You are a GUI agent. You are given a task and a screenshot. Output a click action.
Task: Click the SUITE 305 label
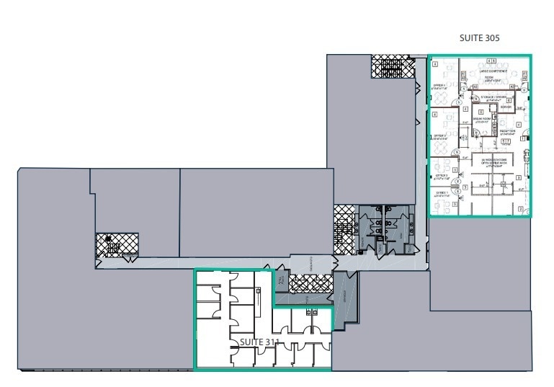click(479, 37)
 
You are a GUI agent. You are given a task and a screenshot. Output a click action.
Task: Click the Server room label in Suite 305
click(505, 107)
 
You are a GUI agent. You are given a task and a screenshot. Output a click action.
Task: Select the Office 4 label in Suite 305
click(438, 86)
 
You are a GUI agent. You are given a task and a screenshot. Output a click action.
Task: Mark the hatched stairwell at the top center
click(393, 68)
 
